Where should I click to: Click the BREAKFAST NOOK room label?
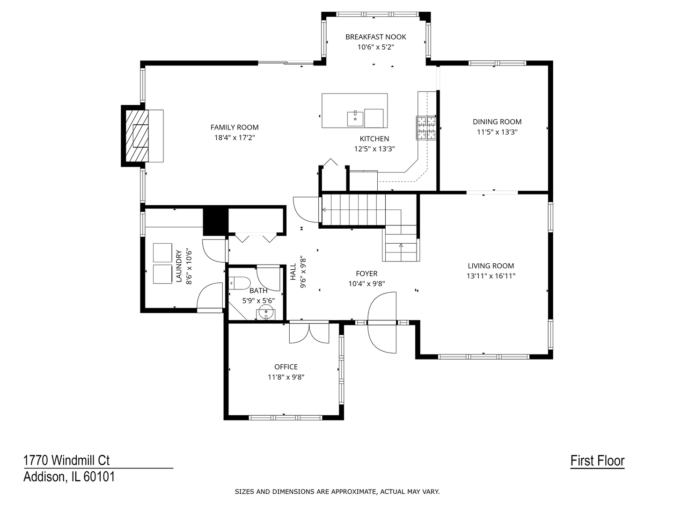pyautogui.click(x=375, y=37)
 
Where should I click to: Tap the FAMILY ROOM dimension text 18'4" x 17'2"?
pyautogui.click(x=234, y=137)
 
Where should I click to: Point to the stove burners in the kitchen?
pyautogui.click(x=426, y=128)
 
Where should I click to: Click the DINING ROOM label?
pyautogui.click(x=497, y=122)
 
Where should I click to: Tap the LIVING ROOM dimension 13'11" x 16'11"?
pyautogui.click(x=491, y=276)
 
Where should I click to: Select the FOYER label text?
pyautogui.click(x=366, y=274)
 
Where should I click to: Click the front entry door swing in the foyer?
pyautogui.click(x=381, y=323)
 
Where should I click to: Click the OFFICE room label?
pyautogui.click(x=286, y=367)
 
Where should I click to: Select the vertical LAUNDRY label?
pyautogui.click(x=178, y=267)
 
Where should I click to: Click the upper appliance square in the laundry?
pyautogui.click(x=162, y=252)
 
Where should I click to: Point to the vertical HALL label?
pyautogui.click(x=293, y=272)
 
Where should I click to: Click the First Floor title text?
pyautogui.click(x=597, y=461)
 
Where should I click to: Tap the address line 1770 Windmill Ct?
pyautogui.click(x=66, y=461)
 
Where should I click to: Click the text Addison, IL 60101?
pyautogui.click(x=69, y=477)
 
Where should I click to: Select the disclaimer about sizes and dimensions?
pyautogui.click(x=337, y=491)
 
